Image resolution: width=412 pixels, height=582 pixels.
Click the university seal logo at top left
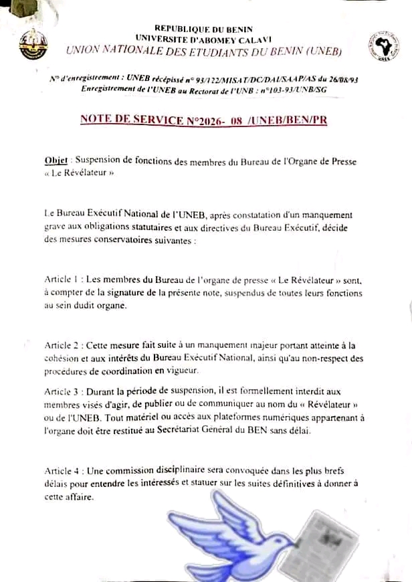pos(33,45)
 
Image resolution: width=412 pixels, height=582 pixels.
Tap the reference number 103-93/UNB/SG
pos(291,89)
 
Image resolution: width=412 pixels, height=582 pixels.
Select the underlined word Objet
pos(56,161)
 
